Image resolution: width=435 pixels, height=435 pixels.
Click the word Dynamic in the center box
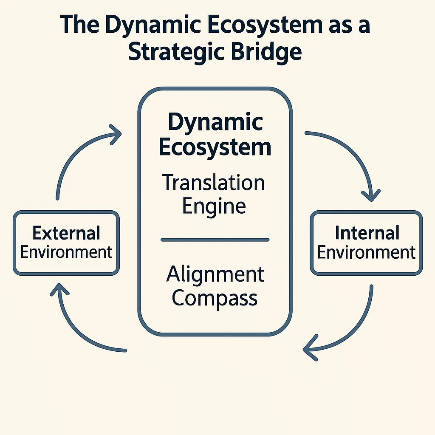[215, 123]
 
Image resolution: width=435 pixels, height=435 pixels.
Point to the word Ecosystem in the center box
[215, 147]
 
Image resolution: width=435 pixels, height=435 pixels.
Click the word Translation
[214, 183]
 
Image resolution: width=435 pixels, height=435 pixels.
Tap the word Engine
[214, 206]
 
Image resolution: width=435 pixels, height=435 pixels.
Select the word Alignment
[215, 274]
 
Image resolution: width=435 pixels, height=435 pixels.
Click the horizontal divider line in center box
[215, 240]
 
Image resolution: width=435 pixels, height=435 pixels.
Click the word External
[66, 233]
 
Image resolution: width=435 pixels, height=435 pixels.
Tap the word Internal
[367, 233]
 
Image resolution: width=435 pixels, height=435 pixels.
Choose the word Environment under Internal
[366, 252]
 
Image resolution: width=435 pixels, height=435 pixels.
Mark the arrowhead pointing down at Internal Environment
[371, 195]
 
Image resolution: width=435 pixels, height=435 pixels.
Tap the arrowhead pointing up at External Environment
[58, 290]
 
